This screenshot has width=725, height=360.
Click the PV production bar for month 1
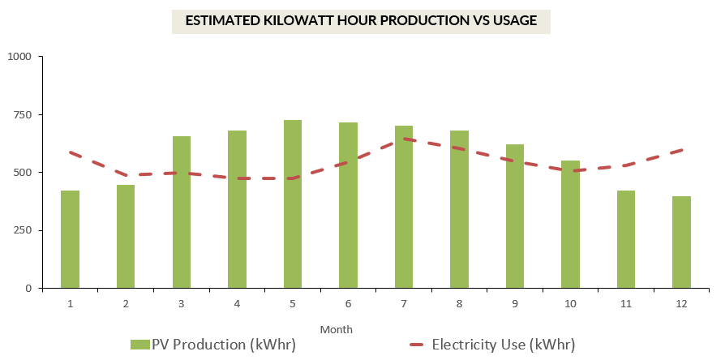(x=71, y=239)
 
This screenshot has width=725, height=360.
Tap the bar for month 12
(x=681, y=242)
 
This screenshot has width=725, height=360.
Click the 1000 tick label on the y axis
(x=19, y=57)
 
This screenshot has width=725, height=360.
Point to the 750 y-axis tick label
(x=22, y=114)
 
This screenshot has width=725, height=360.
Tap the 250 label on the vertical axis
(x=22, y=230)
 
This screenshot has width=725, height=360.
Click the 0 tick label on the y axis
(x=28, y=288)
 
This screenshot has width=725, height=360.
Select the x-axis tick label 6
(x=348, y=303)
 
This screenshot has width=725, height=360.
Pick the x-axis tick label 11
(x=625, y=303)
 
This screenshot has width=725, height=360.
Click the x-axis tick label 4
(x=237, y=303)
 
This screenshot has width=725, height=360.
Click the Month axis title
(x=336, y=330)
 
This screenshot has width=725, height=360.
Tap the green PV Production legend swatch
(x=139, y=345)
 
